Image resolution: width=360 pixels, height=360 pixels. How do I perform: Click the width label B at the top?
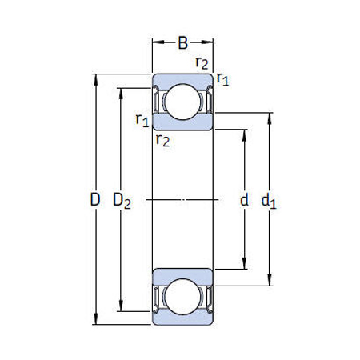(x=183, y=42)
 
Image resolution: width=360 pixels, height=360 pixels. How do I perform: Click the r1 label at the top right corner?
(x=224, y=80)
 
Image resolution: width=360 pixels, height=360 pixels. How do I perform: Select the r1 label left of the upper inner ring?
(x=142, y=120)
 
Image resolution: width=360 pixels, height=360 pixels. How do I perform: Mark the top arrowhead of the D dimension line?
(x=96, y=78)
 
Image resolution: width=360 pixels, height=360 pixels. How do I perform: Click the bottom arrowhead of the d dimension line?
(x=245, y=270)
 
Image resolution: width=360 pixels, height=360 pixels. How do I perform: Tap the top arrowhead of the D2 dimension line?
(x=121, y=89)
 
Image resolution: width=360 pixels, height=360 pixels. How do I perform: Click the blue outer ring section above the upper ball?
(x=183, y=78)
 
